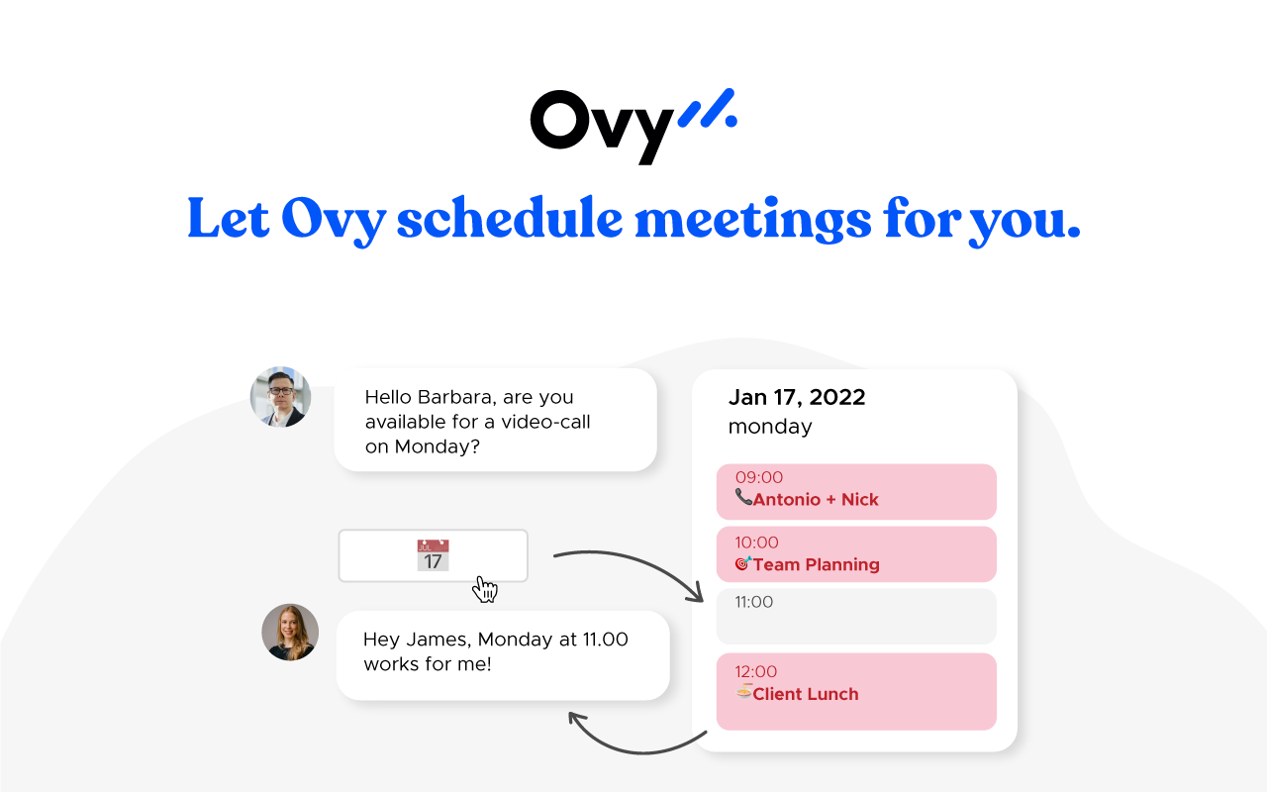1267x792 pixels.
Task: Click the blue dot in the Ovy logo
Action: click(x=731, y=121)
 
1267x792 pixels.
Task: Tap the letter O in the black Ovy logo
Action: click(x=560, y=120)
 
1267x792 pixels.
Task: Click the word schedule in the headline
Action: click(x=510, y=218)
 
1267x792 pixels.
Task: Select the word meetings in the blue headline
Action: click(x=753, y=221)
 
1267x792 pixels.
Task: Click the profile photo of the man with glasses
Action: click(x=280, y=397)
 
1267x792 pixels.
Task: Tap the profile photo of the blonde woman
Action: click(x=290, y=632)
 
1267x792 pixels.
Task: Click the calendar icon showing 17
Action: click(x=434, y=555)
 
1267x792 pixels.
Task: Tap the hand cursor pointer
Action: click(x=485, y=589)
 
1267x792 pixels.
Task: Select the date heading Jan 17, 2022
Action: click(x=797, y=397)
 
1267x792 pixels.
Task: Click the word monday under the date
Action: click(x=770, y=427)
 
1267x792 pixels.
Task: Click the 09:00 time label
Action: click(x=759, y=477)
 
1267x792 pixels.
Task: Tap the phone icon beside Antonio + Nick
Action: click(x=743, y=497)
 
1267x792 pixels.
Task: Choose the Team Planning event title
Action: click(x=817, y=564)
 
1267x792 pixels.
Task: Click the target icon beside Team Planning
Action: click(x=743, y=563)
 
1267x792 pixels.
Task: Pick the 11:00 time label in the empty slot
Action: click(x=754, y=602)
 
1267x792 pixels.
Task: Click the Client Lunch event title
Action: click(x=806, y=694)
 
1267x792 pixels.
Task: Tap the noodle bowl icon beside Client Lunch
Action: click(x=743, y=691)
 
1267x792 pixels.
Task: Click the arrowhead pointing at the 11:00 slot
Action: click(x=697, y=594)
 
